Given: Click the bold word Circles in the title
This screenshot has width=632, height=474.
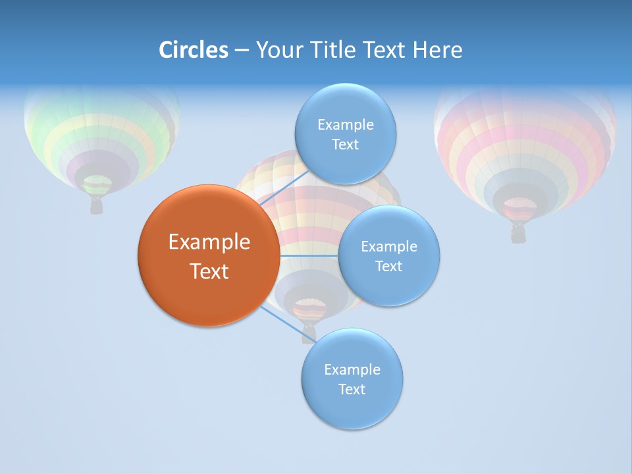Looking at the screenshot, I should point(194,50).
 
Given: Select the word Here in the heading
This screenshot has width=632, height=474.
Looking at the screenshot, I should point(438,50).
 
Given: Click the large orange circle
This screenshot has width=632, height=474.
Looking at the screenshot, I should point(209,255).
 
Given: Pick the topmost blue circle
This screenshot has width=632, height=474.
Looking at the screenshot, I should point(345,134).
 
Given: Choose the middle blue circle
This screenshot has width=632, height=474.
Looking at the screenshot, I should point(388,255).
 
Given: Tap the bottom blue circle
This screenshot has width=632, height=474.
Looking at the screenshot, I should point(352,379).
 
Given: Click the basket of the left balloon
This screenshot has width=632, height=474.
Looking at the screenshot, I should point(97,206).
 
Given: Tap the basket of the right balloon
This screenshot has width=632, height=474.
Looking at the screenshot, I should point(519,234).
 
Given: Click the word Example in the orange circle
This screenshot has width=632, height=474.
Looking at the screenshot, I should point(209,242).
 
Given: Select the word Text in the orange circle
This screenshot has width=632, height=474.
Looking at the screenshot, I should point(209,271).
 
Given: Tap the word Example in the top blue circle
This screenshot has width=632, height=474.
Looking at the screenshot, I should point(345,125).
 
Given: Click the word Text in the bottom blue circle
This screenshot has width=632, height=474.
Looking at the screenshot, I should point(352,389).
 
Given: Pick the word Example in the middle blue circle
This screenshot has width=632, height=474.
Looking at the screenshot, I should point(388,247).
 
